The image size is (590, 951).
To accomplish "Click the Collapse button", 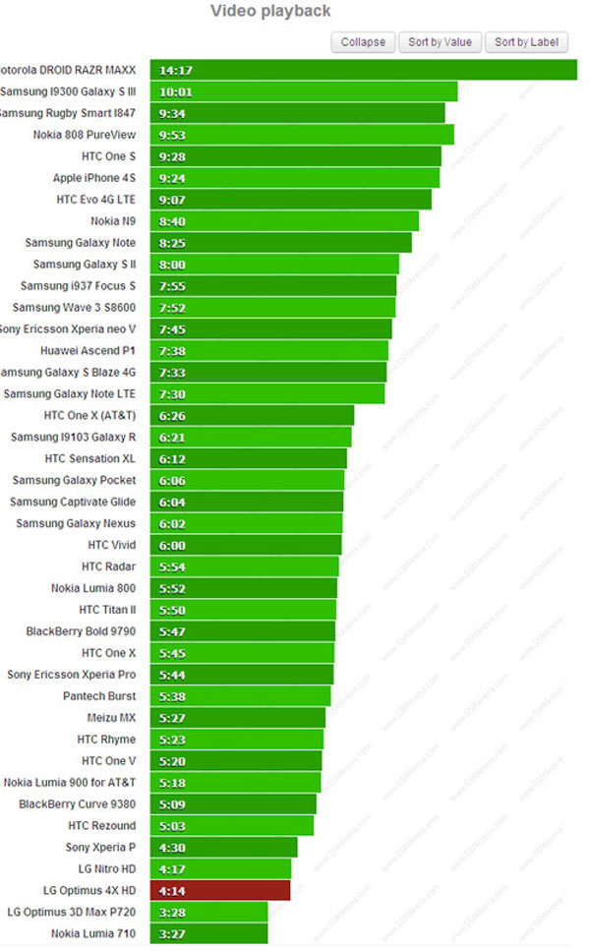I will [364, 41].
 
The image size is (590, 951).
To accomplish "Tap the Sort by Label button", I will [526, 41].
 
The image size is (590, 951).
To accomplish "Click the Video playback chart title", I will [270, 11].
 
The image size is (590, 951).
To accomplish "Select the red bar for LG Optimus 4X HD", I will [220, 890].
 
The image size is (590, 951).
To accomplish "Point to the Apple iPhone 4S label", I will [94, 178].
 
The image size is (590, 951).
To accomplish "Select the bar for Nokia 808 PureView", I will [302, 135].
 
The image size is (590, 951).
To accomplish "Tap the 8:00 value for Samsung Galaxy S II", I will [172, 265].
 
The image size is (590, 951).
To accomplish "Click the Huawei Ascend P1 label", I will [88, 350].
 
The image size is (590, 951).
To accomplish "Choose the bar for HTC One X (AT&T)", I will [252, 415].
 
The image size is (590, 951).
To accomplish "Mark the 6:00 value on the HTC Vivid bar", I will [172, 545].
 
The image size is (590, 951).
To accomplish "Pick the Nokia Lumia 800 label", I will [93, 588].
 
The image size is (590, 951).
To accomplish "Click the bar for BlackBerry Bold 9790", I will [243, 631].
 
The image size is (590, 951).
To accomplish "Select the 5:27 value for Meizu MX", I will [172, 718].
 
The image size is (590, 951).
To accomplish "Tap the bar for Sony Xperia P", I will [223, 847].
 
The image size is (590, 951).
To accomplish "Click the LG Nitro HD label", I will [99, 868].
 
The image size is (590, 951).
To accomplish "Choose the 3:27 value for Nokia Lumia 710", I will [172, 933].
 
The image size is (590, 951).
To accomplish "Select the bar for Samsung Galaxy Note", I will [280, 243].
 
